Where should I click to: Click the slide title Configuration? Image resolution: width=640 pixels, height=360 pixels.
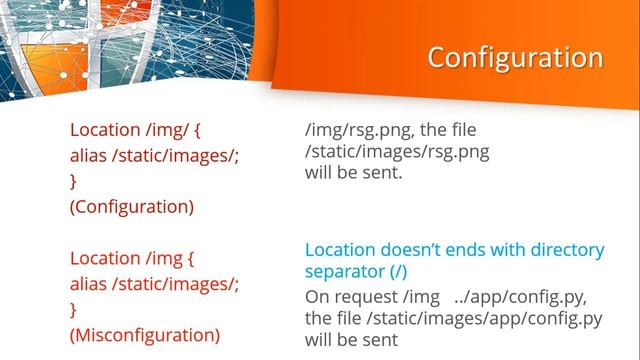[515, 57]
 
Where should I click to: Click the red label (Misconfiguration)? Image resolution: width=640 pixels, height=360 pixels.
[144, 334]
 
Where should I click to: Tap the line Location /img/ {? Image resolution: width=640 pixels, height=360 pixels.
[136, 130]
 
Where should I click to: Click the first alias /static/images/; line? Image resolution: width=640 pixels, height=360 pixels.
[154, 156]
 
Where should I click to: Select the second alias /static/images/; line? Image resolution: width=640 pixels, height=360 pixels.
[154, 283]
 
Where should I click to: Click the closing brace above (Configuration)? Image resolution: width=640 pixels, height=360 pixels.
[73, 181]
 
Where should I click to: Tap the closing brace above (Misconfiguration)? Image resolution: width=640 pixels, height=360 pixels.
[73, 308]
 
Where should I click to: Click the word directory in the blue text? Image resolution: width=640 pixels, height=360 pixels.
[565, 250]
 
